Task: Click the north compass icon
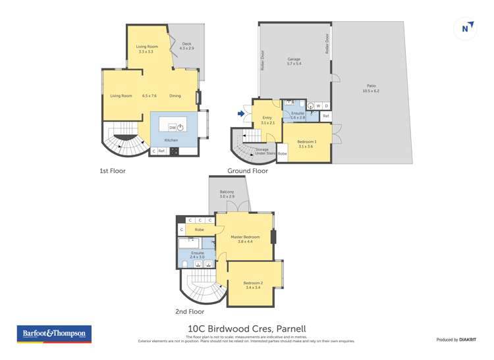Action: (466, 28)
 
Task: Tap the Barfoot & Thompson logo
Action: (53, 334)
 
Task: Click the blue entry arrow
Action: (241, 114)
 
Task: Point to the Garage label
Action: (294, 59)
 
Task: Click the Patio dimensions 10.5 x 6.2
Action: (370, 91)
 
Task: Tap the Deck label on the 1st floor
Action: (187, 43)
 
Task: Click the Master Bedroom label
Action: (245, 237)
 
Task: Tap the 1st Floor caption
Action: (112, 170)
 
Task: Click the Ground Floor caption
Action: (247, 170)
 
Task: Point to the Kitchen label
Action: (171, 140)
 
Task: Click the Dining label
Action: (175, 96)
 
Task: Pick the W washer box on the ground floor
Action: (318, 105)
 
